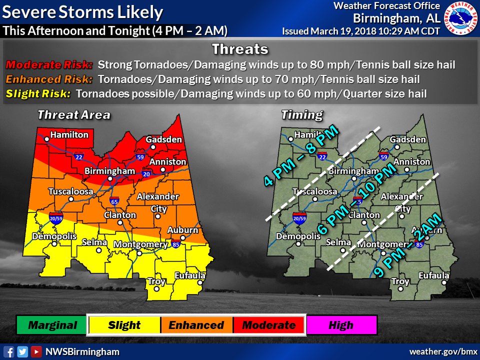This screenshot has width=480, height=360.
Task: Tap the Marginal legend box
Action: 52,325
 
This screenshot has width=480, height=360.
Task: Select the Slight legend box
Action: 124,325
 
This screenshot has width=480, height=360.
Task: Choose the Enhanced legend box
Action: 196,325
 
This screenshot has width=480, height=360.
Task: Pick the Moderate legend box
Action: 268,325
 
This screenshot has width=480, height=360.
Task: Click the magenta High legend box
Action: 341,325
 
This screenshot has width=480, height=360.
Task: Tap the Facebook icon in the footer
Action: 8,351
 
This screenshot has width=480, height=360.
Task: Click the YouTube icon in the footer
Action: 36,351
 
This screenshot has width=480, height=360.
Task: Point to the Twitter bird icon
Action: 22,351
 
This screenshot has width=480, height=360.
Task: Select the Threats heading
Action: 240,49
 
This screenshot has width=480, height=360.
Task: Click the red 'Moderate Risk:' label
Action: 49,65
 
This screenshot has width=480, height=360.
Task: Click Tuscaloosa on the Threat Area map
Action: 71,192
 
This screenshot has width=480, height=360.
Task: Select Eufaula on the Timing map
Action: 433,276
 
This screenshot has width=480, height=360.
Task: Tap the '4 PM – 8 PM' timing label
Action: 301,156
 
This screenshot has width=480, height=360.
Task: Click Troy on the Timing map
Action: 400,282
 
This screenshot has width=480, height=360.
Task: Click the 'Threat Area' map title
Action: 73,115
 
